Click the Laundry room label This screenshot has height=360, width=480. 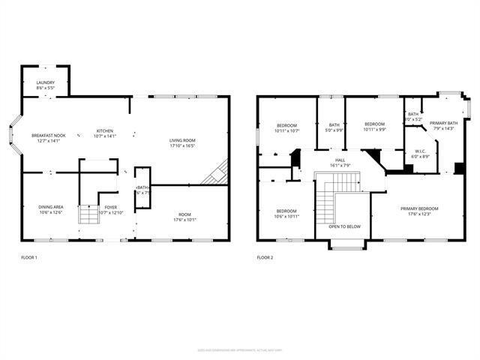[45, 85]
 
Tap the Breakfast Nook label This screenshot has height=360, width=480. [49, 138]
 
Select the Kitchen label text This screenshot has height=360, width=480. [104, 133]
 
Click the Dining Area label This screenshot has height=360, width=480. [50, 210]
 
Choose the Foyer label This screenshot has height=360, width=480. [110, 209]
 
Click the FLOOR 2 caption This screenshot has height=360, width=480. [265, 257]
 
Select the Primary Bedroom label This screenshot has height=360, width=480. [418, 211]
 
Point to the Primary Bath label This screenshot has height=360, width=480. [443, 125]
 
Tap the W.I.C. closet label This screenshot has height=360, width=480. [420, 154]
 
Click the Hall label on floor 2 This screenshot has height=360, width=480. [340, 162]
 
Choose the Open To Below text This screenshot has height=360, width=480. [345, 226]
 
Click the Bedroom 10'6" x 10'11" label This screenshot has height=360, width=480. [286, 214]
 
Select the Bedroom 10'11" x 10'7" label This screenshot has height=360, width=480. [286, 127]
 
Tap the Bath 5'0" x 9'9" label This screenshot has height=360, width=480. [334, 127]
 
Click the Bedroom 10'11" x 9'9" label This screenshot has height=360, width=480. [374, 126]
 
